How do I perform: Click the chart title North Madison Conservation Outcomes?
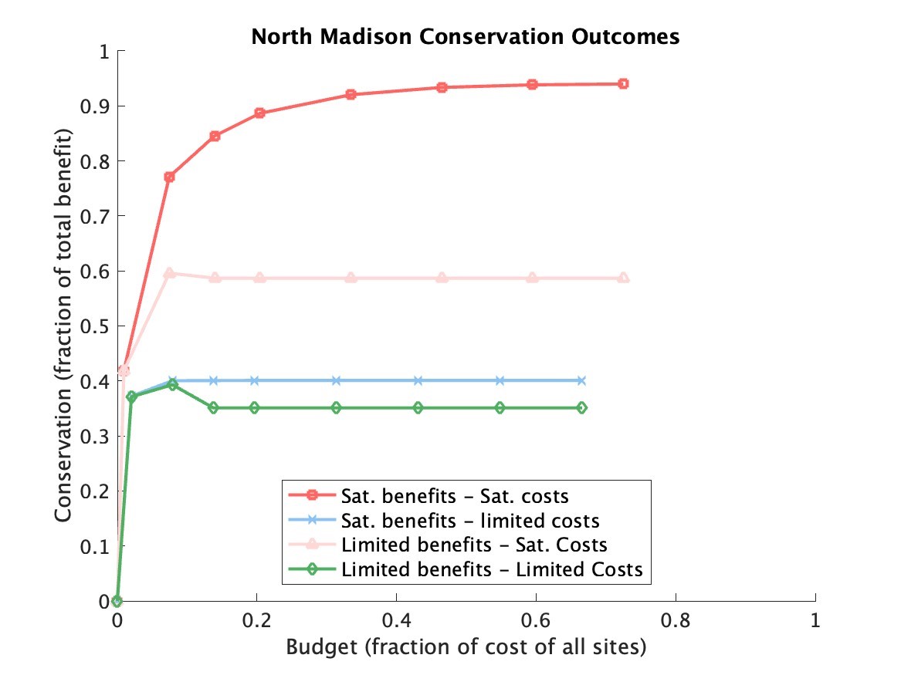point(466,36)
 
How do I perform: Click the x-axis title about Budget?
point(466,648)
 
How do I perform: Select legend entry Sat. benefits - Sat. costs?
point(455,494)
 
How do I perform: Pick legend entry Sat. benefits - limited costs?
point(469,520)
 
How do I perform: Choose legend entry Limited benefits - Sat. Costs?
point(474,545)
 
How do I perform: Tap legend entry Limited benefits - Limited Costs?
point(491,570)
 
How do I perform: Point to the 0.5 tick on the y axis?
point(100,326)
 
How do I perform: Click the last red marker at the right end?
point(623,83)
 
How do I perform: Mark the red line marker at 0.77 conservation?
point(169,177)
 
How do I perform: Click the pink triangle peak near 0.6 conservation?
point(169,273)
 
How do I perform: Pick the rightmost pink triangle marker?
point(624,278)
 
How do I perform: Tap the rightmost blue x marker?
point(581,380)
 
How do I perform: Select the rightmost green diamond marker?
point(581,407)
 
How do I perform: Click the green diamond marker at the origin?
point(117,601)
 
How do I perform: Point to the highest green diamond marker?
point(172,384)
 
